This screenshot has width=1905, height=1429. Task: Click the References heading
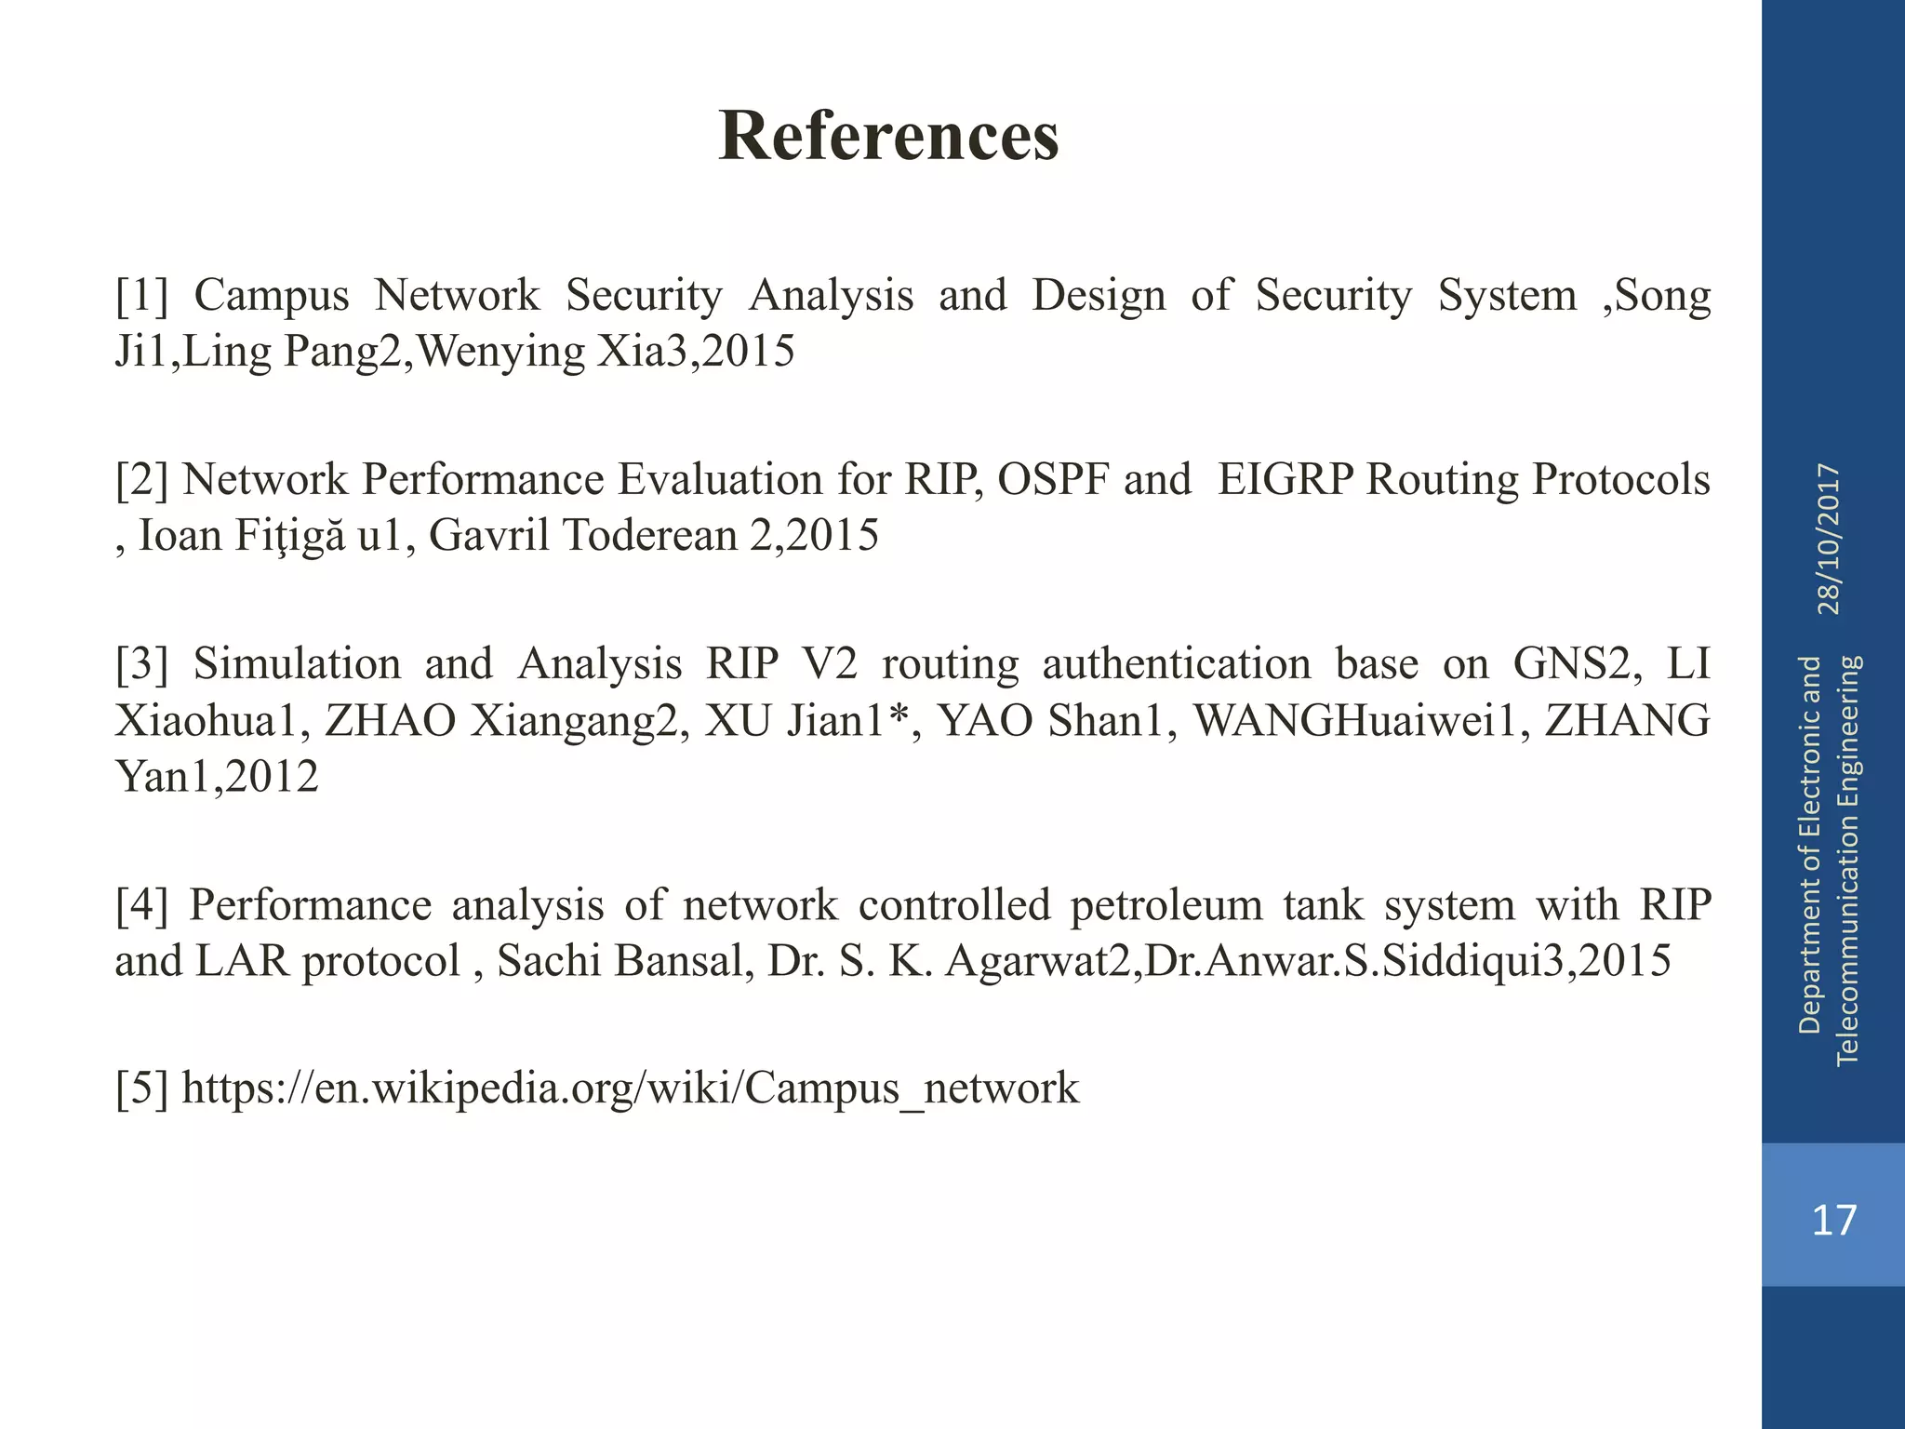(888, 136)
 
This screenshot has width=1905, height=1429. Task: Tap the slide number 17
(1833, 1219)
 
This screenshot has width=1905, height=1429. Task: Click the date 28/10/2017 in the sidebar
(1829, 540)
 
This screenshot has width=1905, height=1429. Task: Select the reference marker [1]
(142, 296)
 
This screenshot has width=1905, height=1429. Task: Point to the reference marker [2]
(142, 480)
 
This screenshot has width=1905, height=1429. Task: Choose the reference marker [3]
(142, 664)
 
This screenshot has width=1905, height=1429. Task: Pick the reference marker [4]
(142, 905)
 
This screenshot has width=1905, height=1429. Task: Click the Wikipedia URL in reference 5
(630, 1088)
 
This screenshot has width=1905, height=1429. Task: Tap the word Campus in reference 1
(272, 296)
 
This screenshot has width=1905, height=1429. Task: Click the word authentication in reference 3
(1176, 664)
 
